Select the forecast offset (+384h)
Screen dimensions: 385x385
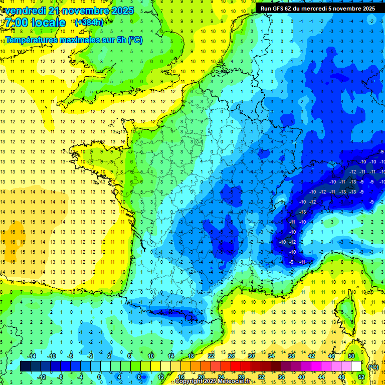[89, 23]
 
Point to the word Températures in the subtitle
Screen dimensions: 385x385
[31, 40]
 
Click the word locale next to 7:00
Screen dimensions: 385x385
[50, 23]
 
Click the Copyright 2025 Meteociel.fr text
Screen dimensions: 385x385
[213, 381]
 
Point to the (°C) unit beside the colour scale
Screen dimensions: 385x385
[373, 366]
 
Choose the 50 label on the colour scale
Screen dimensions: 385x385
[351, 356]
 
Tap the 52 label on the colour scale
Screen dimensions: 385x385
[361, 376]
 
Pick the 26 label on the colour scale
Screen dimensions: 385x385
[231, 356]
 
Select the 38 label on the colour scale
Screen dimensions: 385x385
[291, 356]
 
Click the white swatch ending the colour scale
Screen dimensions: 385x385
[356, 366]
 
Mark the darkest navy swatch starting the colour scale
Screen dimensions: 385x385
[25, 366]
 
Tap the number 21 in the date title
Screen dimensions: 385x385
[57, 11]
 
